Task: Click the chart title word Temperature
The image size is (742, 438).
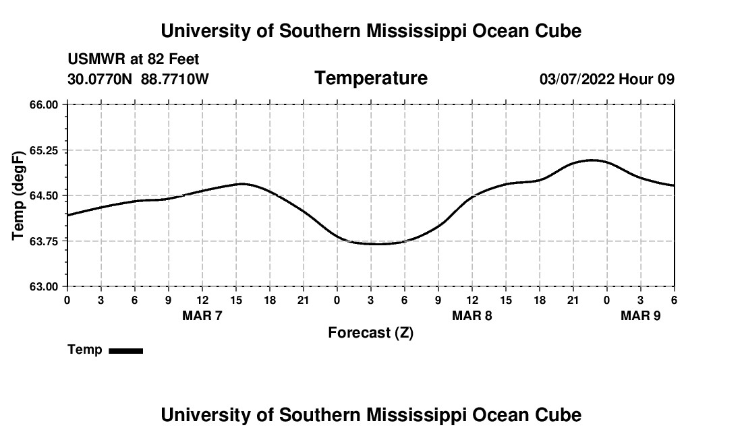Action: click(x=371, y=78)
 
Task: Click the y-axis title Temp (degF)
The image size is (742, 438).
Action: click(x=19, y=195)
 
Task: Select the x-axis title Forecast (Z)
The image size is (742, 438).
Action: click(x=370, y=332)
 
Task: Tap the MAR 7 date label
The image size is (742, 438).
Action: click(x=202, y=315)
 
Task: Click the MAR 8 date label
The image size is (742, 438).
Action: click(x=472, y=315)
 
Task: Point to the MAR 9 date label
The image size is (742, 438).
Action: click(x=640, y=315)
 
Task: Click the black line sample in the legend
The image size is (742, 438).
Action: click(x=125, y=350)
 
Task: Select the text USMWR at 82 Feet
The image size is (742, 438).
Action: click(x=134, y=60)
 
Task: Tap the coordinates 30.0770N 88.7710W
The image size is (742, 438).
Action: click(x=138, y=79)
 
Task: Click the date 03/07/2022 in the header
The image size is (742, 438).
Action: click(x=577, y=79)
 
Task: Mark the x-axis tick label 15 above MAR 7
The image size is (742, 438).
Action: click(x=236, y=299)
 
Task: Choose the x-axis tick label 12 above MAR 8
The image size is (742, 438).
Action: click(x=472, y=299)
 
